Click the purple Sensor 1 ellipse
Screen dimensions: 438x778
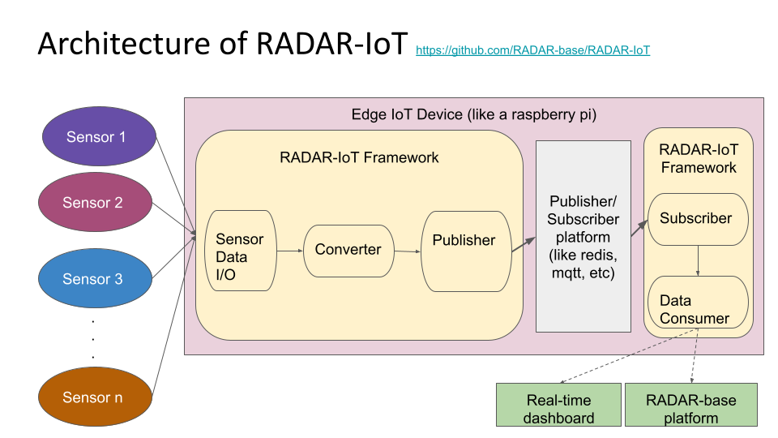point(96,137)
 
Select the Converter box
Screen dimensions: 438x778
point(348,250)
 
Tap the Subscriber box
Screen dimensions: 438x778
point(696,219)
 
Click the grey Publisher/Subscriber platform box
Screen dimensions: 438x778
point(583,236)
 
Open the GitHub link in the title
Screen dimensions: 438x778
point(532,50)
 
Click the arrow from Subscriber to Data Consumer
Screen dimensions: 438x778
point(699,260)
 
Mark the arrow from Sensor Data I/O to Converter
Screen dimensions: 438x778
point(289,251)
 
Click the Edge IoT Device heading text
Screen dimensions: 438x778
point(473,115)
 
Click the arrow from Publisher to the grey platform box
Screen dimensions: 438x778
point(524,244)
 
